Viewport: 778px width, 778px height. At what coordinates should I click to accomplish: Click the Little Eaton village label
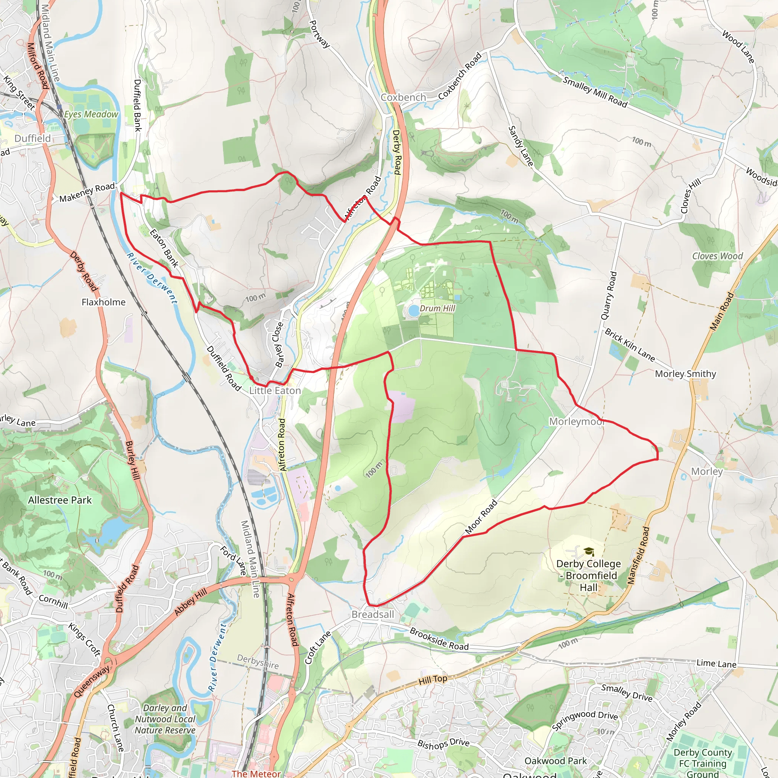tap(275, 391)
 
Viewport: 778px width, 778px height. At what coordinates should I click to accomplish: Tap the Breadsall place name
tap(373, 615)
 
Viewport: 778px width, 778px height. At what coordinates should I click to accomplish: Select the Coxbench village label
tap(403, 98)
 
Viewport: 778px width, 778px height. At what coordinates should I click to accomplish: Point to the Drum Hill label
tap(437, 308)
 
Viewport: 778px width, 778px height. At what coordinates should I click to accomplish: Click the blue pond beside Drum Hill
tap(414, 310)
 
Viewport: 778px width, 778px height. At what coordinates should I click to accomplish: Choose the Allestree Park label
tap(60, 500)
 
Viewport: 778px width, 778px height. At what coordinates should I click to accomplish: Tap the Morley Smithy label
tap(685, 374)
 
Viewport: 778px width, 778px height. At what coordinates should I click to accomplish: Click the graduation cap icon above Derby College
tap(589, 551)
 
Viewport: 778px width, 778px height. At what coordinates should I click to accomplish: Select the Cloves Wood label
tap(717, 256)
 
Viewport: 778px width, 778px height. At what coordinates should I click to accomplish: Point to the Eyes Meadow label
tap(92, 114)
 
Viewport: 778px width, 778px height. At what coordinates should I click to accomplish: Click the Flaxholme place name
tap(103, 302)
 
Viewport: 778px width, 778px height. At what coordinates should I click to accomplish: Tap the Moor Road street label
tap(481, 517)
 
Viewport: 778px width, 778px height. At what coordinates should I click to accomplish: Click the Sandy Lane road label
tap(521, 146)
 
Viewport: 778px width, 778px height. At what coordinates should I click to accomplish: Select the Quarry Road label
tap(609, 296)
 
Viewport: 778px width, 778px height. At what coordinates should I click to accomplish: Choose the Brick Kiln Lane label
tap(630, 345)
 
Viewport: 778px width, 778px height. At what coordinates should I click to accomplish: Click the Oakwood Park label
tap(555, 761)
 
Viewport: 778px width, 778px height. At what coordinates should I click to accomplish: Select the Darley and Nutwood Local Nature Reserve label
tap(165, 719)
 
